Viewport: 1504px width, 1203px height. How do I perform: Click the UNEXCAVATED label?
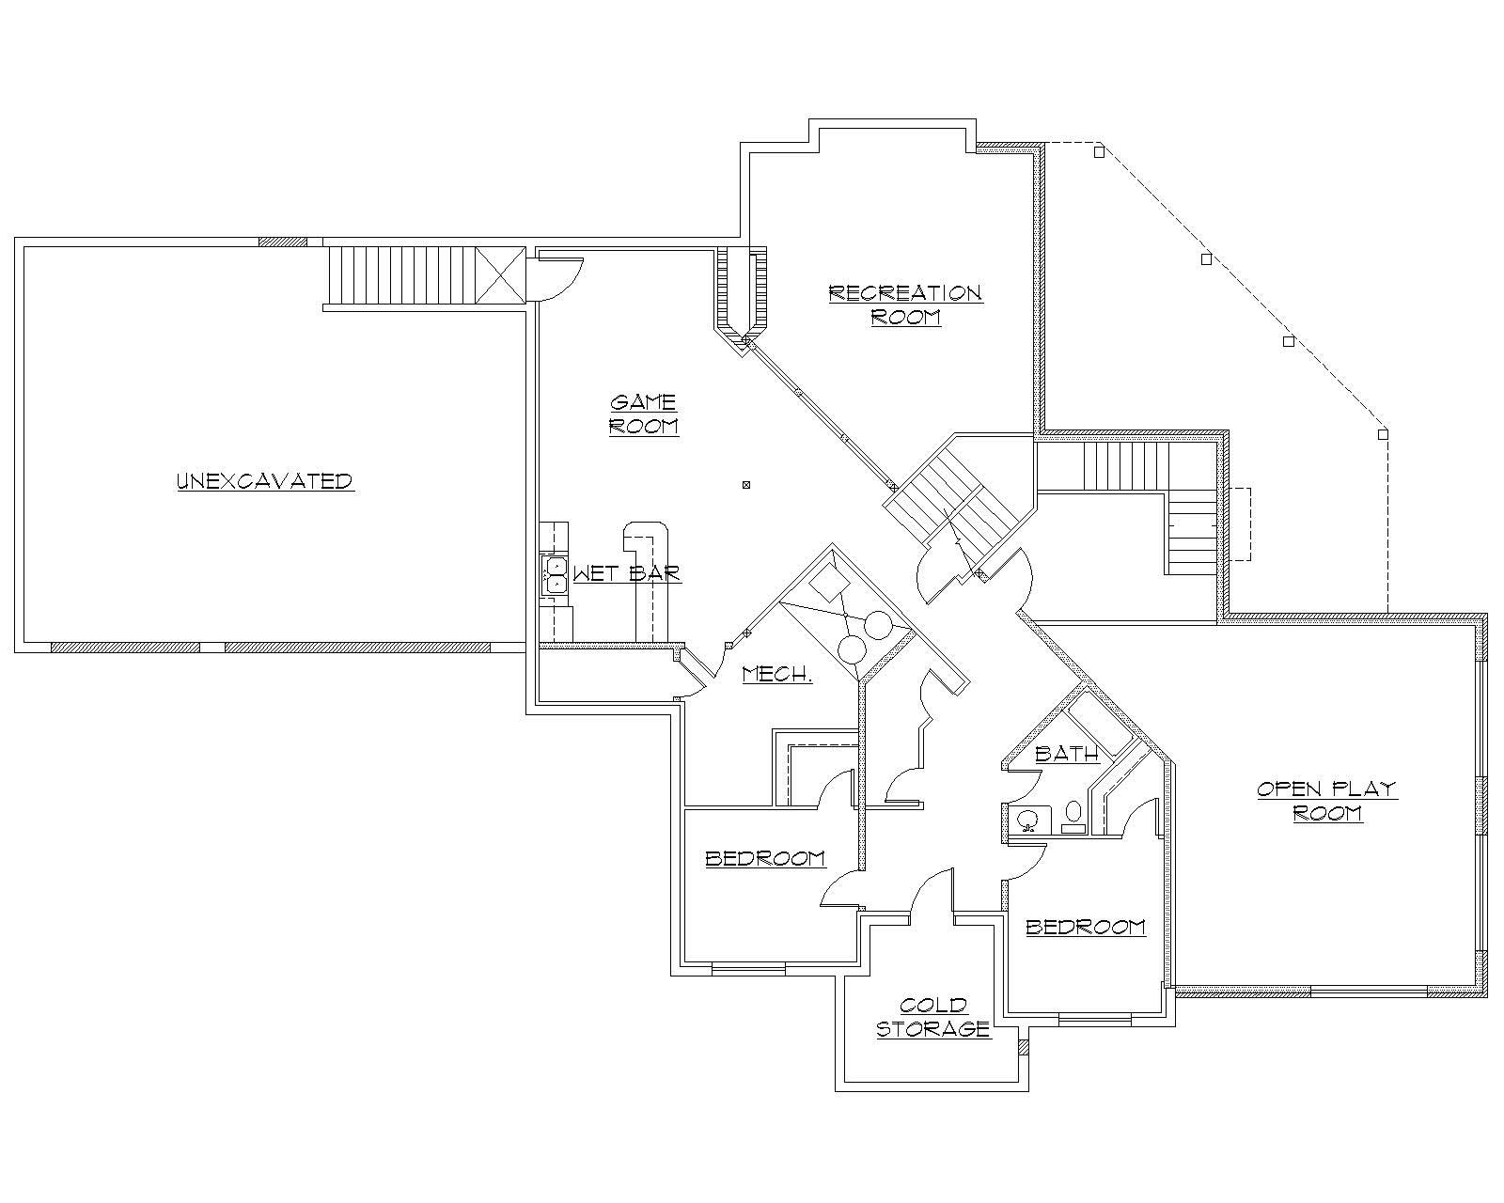tap(264, 481)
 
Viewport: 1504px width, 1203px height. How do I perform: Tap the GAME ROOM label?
tap(644, 414)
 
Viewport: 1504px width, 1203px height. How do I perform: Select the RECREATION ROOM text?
tap(905, 305)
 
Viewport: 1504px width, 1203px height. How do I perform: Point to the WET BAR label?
tap(627, 573)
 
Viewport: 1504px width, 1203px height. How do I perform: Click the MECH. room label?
tap(776, 674)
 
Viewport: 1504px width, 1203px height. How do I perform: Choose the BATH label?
tap(1067, 754)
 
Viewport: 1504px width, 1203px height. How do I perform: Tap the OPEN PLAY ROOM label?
tap(1327, 801)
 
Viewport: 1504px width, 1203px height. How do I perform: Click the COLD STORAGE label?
tap(932, 1018)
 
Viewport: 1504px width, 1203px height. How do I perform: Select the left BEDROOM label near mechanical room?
tap(765, 858)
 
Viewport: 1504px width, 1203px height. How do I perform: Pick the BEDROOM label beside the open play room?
tap(1086, 928)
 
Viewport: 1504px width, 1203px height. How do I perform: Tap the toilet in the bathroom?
tap(1073, 817)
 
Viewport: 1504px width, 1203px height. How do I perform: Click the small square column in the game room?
tap(746, 485)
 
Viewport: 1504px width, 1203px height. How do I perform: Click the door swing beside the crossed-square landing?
tap(555, 277)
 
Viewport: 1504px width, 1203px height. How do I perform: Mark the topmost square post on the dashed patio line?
tap(1098, 150)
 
